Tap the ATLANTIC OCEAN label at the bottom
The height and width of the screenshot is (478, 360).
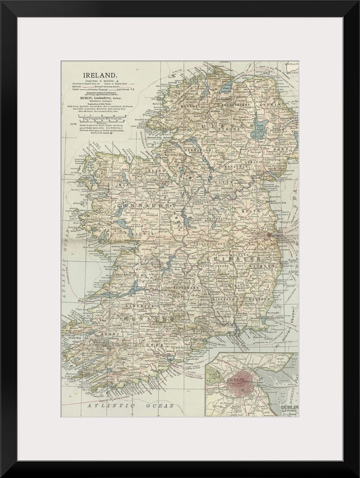[x=130, y=406]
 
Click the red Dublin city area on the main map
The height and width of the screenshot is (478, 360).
[x=272, y=235]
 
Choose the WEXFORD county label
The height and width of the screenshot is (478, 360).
[x=256, y=297]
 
